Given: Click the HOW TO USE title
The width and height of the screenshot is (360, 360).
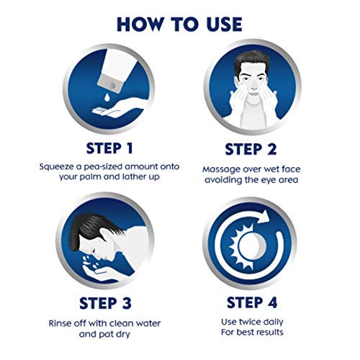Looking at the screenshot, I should point(179,23).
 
